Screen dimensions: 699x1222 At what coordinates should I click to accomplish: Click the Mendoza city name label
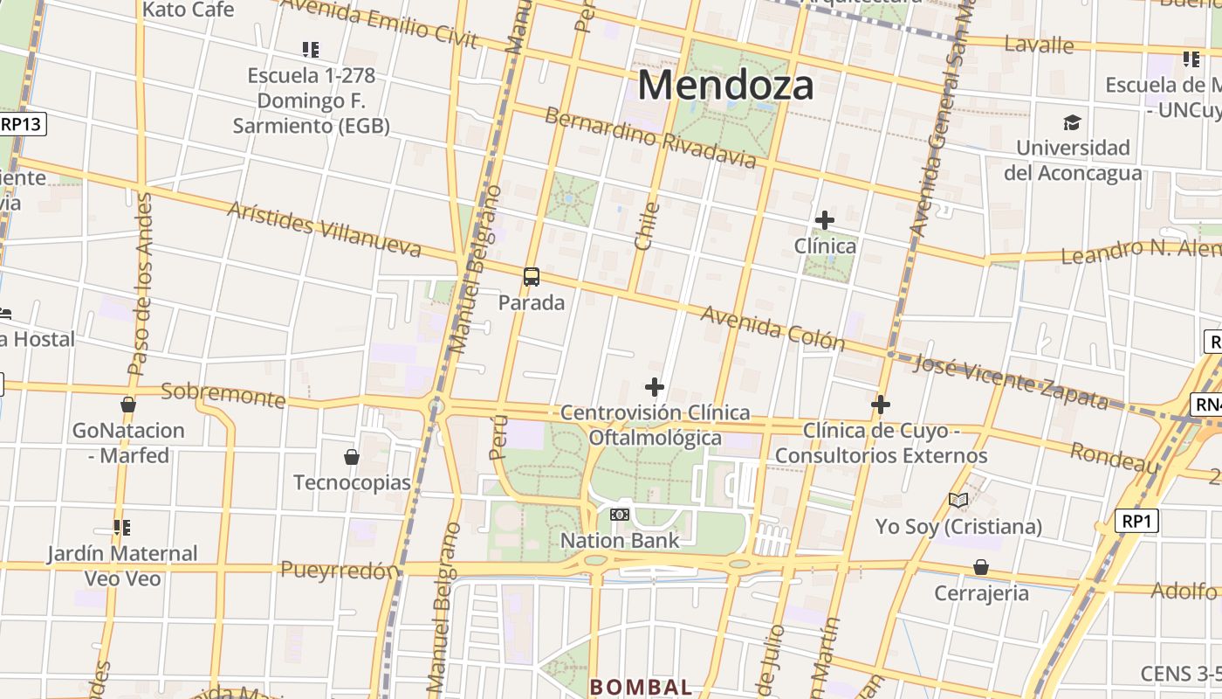click(x=726, y=86)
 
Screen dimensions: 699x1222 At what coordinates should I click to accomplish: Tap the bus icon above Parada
click(x=531, y=278)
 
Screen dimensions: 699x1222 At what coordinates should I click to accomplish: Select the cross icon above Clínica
click(x=824, y=220)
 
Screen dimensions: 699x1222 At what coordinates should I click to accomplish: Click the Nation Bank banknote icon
click(x=620, y=515)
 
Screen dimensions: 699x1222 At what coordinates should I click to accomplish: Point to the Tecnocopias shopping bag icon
click(x=352, y=457)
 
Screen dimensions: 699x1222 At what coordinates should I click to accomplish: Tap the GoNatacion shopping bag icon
click(x=128, y=405)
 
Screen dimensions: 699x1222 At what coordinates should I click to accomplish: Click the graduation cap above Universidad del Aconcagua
click(x=1072, y=122)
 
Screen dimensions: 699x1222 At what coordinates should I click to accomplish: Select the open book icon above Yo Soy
click(x=958, y=501)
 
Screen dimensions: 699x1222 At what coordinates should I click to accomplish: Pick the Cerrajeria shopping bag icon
click(x=981, y=568)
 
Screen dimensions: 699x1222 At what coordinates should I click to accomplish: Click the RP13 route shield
click(x=21, y=124)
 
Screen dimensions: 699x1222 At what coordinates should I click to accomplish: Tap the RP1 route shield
click(x=1136, y=522)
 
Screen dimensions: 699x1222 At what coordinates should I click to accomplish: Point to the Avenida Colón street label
click(x=772, y=328)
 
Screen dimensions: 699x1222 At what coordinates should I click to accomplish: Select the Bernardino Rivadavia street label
click(x=650, y=137)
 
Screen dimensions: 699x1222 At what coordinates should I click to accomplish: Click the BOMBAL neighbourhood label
click(x=641, y=687)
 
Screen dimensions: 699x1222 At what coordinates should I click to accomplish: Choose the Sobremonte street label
click(x=223, y=395)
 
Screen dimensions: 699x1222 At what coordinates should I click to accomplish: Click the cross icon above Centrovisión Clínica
click(x=654, y=387)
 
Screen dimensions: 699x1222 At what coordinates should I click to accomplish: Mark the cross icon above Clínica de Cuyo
click(x=881, y=405)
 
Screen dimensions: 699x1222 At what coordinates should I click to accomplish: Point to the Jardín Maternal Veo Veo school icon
click(x=122, y=528)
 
